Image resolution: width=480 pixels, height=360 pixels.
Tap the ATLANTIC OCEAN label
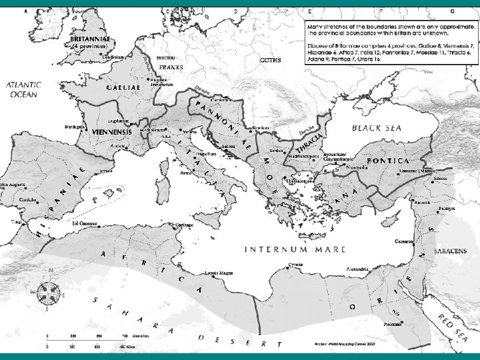point(24,90)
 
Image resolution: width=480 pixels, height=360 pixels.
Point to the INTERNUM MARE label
point(296,250)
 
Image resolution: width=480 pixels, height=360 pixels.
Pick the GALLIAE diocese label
point(123,87)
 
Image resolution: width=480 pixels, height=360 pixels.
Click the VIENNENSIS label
point(105,133)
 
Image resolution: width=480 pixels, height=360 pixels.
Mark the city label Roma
point(186,173)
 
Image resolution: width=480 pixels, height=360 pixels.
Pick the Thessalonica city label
point(297,180)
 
